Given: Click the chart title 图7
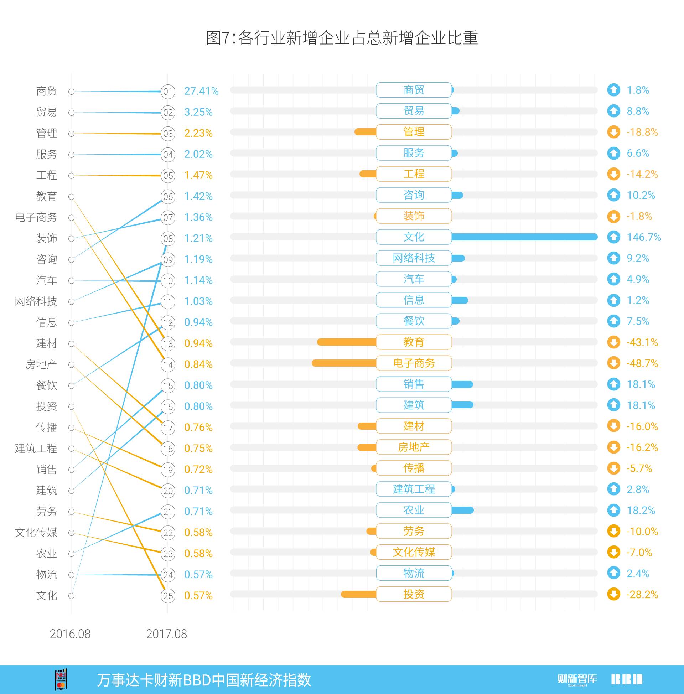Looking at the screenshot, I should click(x=342, y=38).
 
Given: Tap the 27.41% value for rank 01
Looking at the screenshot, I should click(x=201, y=91).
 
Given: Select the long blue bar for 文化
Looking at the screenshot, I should click(x=524, y=237).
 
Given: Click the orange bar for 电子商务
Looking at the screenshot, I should click(x=344, y=363).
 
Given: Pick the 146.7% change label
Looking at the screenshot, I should click(x=643, y=237).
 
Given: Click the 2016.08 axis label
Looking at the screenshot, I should click(x=70, y=634).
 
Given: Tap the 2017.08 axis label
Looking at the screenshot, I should click(x=166, y=634).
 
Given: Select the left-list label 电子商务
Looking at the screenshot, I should click(x=36, y=217).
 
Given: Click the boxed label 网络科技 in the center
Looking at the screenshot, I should click(x=414, y=258).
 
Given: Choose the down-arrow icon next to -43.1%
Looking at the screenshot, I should click(x=613, y=342).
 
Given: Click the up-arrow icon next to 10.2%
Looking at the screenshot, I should click(x=613, y=195).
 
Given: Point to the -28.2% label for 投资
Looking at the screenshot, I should click(x=642, y=595).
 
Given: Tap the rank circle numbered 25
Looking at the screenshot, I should click(x=168, y=596).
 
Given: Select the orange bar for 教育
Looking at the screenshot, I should click(x=346, y=342).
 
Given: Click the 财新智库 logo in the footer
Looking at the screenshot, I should click(x=577, y=679).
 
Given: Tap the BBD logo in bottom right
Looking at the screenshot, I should click(x=627, y=679).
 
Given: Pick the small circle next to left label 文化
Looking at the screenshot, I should click(x=72, y=596).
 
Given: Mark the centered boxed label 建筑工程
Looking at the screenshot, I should click(x=414, y=489).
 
